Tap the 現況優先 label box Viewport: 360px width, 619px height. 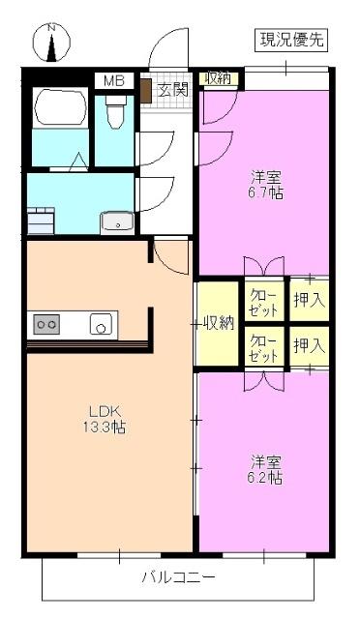(x=292, y=40)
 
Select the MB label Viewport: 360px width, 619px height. (x=114, y=81)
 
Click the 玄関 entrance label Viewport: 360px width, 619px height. (x=173, y=90)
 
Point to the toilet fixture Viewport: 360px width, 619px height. (x=115, y=115)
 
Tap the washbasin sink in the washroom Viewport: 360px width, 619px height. (x=117, y=221)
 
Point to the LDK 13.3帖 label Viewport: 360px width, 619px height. (x=105, y=419)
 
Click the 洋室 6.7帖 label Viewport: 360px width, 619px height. (x=265, y=184)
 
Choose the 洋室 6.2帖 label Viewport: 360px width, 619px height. (x=264, y=469)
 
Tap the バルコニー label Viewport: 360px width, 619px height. (x=178, y=578)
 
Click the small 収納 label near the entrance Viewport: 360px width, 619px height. (x=217, y=79)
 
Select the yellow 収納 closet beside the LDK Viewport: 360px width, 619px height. (x=217, y=323)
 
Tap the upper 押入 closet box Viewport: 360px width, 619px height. (x=310, y=301)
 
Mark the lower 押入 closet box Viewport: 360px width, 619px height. (x=310, y=345)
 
